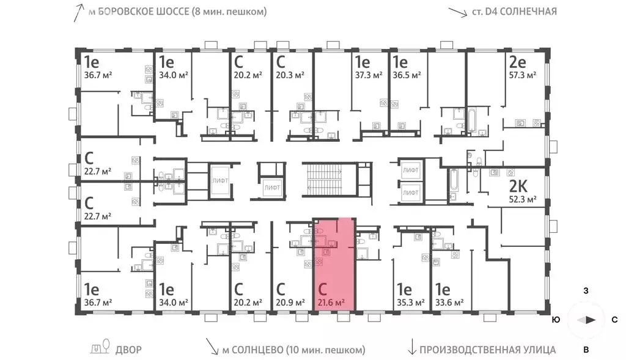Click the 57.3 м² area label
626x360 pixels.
[x=522, y=75]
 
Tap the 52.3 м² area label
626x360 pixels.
[x=522, y=199]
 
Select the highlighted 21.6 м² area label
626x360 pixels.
[x=331, y=303]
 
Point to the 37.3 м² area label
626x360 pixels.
[x=369, y=75]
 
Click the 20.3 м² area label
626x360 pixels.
[x=290, y=75]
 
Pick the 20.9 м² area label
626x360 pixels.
[x=290, y=303]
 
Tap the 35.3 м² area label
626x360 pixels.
[x=410, y=303]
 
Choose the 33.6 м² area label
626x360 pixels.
[x=449, y=303]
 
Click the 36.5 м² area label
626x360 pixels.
[x=407, y=75]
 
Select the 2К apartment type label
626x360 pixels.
[x=518, y=186]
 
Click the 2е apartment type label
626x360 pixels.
[x=517, y=62]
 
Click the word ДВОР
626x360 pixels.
[x=128, y=350]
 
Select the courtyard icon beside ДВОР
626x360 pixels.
[x=100, y=347]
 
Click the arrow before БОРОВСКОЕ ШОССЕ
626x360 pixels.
[x=79, y=12]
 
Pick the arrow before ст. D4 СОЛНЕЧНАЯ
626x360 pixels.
[x=457, y=12]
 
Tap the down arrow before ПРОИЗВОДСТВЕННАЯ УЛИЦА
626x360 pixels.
[x=411, y=347]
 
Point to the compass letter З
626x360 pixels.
[x=586, y=290]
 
